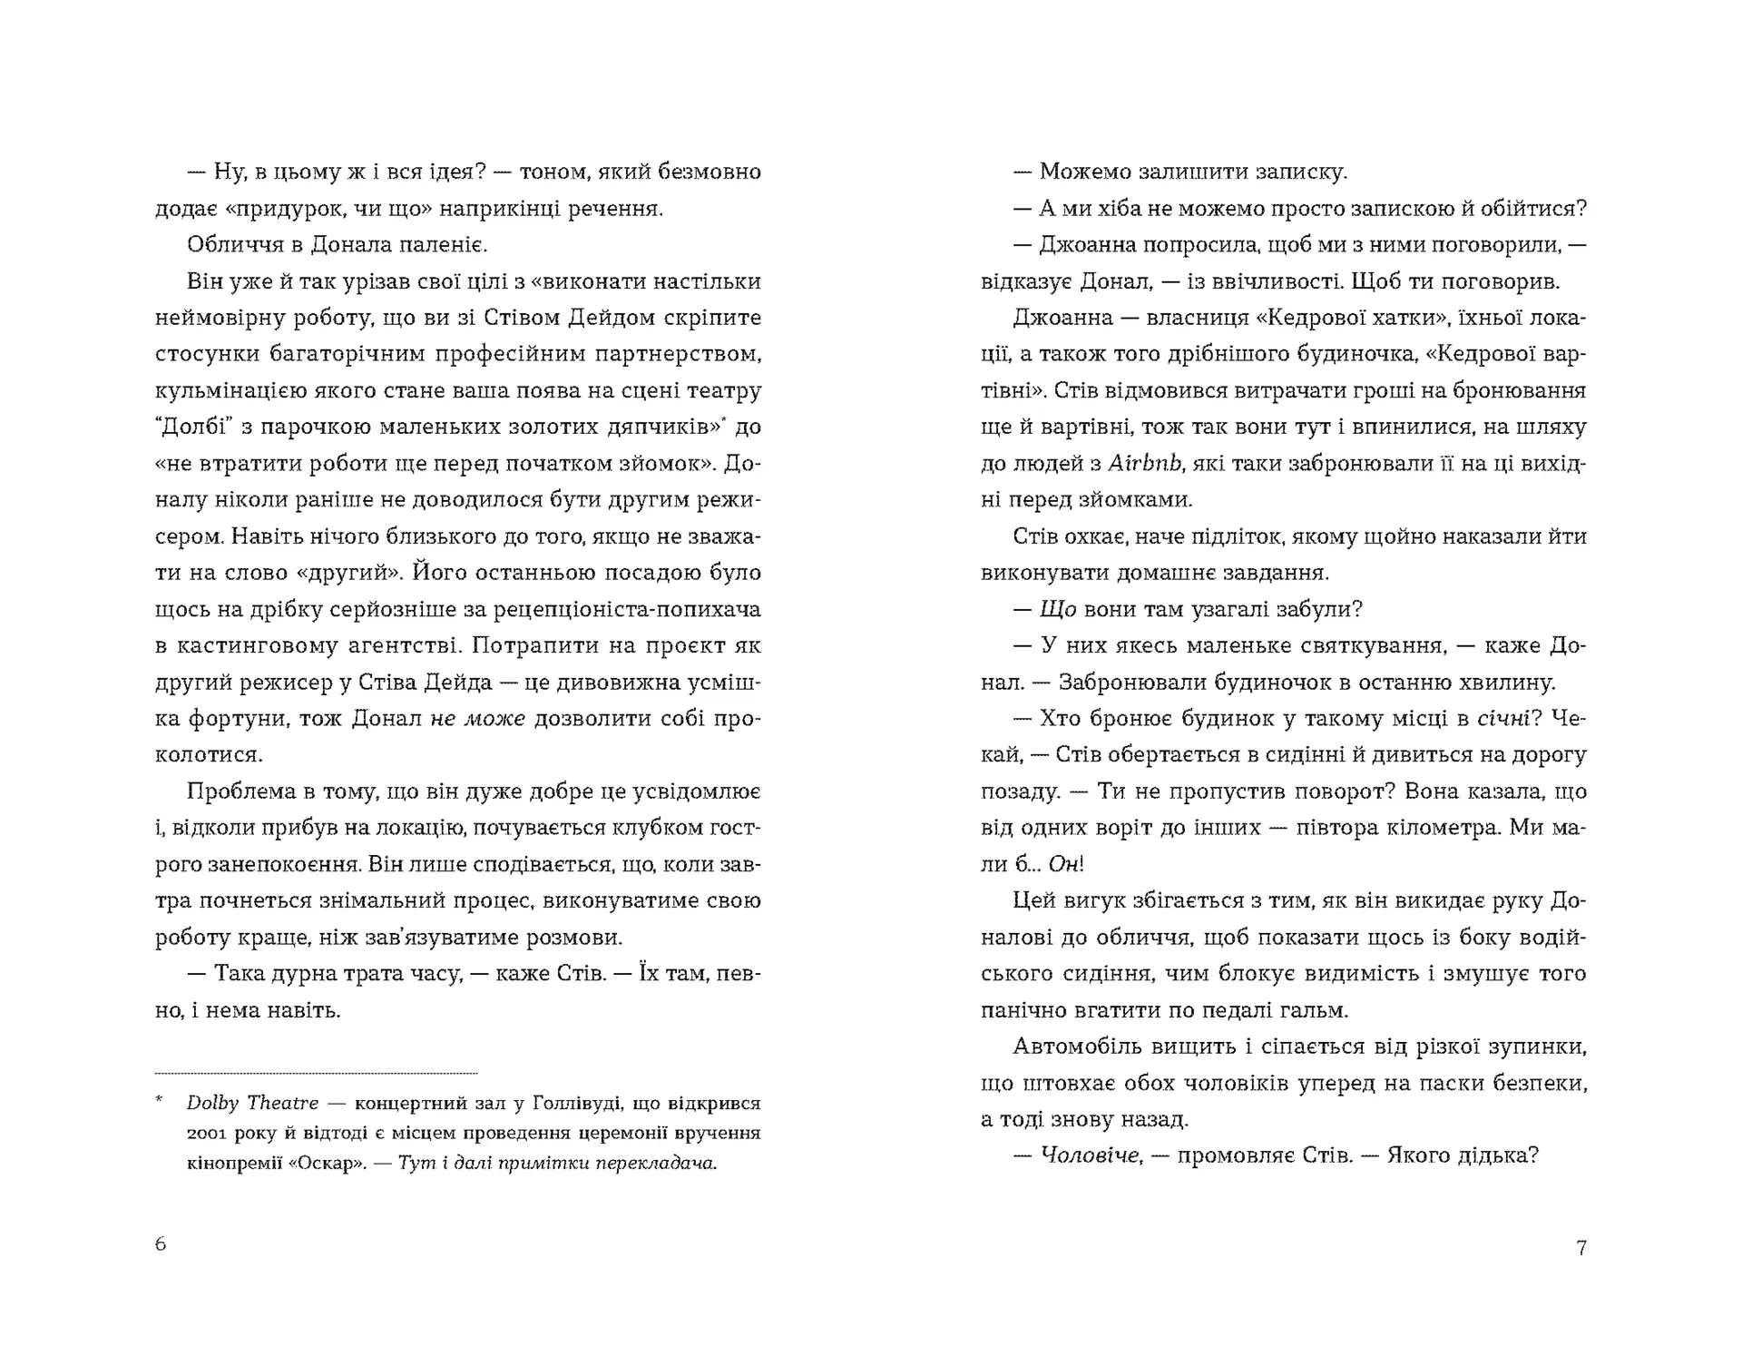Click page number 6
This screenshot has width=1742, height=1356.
(x=161, y=1244)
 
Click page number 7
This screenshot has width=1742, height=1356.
(x=1581, y=1248)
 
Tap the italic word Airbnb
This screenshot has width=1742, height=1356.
(x=1146, y=464)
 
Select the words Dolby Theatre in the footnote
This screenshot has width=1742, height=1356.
(x=252, y=1104)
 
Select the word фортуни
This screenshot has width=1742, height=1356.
(x=233, y=719)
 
